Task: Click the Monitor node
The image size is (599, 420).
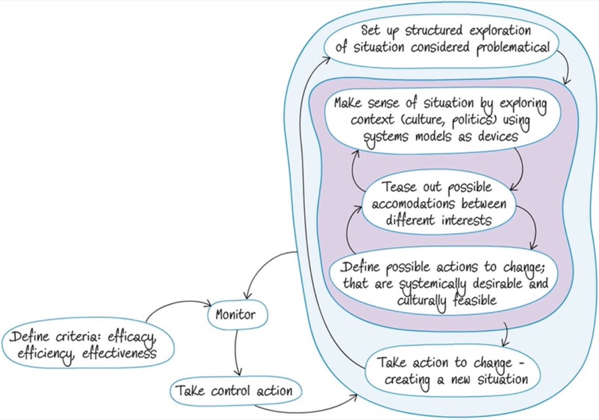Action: tap(238, 314)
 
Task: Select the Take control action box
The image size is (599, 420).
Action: tap(236, 391)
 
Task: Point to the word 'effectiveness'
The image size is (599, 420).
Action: tap(119, 353)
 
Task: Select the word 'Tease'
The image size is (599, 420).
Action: tap(400, 187)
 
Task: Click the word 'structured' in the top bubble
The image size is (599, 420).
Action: tap(434, 31)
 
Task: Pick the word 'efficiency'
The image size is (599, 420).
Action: tap(46, 355)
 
